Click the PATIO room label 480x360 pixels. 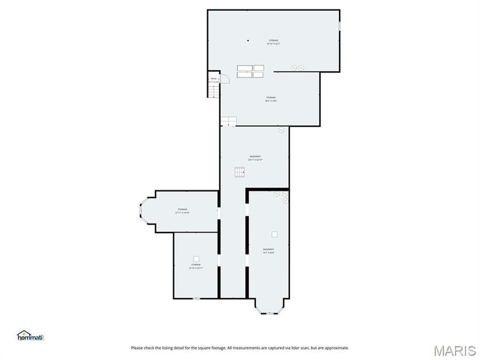[x=214, y=80]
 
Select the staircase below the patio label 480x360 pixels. [x=213, y=91]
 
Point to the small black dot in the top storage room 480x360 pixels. [x=248, y=41]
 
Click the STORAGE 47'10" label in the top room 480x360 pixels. [x=273, y=42]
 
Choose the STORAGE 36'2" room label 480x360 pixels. [x=271, y=99]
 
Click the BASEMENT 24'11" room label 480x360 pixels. [x=254, y=158]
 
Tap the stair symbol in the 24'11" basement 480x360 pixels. [x=239, y=172]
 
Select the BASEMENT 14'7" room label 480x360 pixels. [x=268, y=251]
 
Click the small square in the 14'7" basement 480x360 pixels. [x=275, y=234]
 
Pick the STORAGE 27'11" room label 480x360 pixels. [x=182, y=211]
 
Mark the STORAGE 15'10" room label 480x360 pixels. [x=196, y=266]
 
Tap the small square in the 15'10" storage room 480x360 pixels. [x=196, y=259]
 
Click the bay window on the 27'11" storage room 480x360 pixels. [x=141, y=211]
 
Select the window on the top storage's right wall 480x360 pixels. [x=339, y=26]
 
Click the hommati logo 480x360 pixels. [x=30, y=335]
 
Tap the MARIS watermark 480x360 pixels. [x=455, y=350]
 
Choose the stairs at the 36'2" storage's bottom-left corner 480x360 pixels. [x=228, y=121]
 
